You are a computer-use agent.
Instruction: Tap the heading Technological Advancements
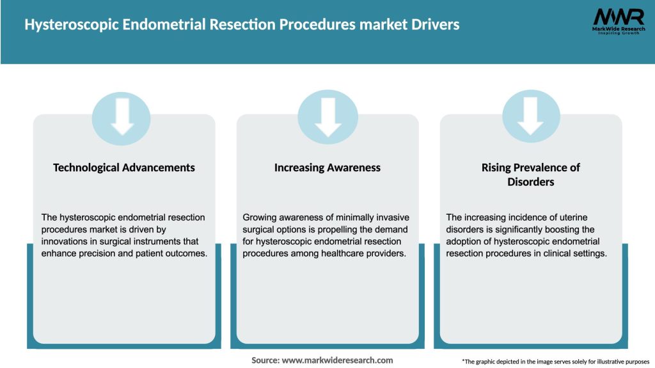pyautogui.click(x=124, y=167)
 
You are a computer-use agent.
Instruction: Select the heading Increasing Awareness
pyautogui.click(x=327, y=167)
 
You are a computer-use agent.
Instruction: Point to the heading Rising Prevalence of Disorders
pyautogui.click(x=530, y=174)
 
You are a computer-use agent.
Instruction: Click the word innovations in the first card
pyautogui.click(x=61, y=241)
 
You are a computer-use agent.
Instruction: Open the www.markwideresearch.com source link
pyautogui.click(x=338, y=360)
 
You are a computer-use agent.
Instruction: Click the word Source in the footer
pyautogui.click(x=265, y=360)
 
